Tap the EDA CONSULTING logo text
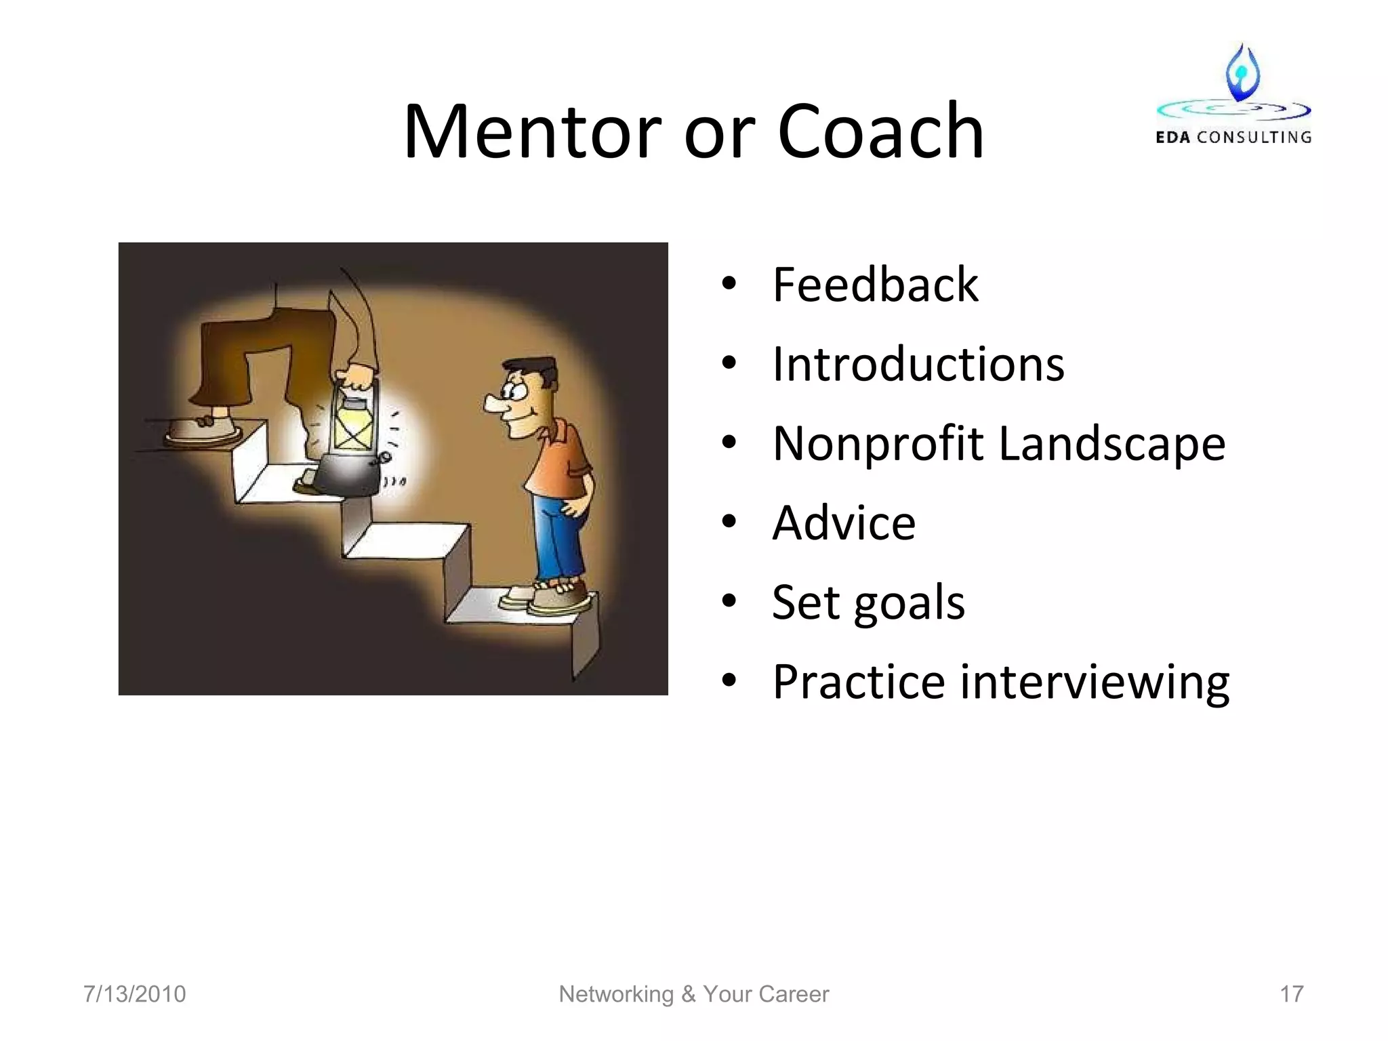(x=1233, y=137)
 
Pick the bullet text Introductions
(x=918, y=365)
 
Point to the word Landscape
(x=1112, y=445)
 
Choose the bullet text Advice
(x=844, y=523)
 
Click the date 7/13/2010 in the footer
(x=134, y=994)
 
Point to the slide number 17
(x=1291, y=994)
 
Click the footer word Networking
(x=616, y=994)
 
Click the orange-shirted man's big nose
(x=495, y=403)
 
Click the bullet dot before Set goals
(x=729, y=601)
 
